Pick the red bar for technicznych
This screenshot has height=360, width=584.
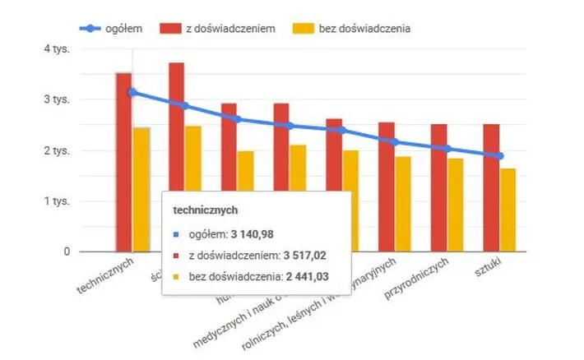coord(123,161)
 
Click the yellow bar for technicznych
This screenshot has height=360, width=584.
coord(141,189)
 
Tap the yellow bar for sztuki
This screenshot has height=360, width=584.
coord(509,210)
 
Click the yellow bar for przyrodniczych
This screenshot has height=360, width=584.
coord(457,205)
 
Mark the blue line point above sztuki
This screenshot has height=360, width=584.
coord(500,155)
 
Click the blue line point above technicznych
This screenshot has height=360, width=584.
coord(132,92)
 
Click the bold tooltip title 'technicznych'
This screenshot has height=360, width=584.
coord(206,210)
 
